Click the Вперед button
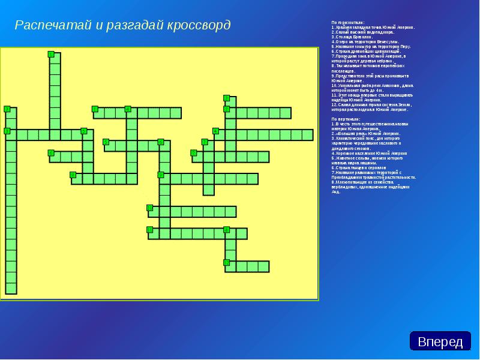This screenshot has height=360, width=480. coord(440,341)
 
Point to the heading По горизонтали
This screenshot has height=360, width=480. coord(347,23)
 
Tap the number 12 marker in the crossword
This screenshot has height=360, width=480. coord(227,262)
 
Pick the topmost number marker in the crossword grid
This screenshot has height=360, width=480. coord(51,55)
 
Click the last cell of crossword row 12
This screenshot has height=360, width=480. coord(263,266)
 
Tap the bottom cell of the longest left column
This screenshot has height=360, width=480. coord(11,288)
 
